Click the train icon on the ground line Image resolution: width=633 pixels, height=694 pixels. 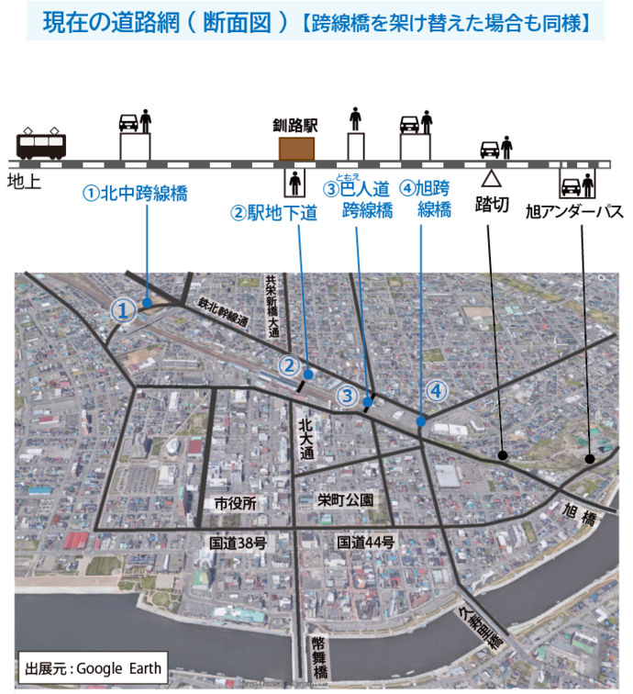click(41, 145)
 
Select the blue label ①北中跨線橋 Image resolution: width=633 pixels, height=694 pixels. click(135, 194)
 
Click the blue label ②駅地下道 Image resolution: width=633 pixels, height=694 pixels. click(273, 213)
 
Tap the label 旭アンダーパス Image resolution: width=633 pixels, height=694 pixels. click(574, 211)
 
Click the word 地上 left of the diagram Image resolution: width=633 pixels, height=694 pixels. click(24, 181)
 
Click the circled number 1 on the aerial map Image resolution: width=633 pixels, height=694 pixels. click(124, 310)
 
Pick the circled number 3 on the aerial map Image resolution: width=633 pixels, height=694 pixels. click(346, 397)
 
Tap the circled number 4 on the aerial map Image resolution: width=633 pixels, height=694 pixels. click(437, 390)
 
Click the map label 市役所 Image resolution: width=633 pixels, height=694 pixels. click(235, 503)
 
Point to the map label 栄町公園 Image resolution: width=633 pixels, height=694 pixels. click(345, 500)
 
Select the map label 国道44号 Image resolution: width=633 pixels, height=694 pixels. click(364, 543)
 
